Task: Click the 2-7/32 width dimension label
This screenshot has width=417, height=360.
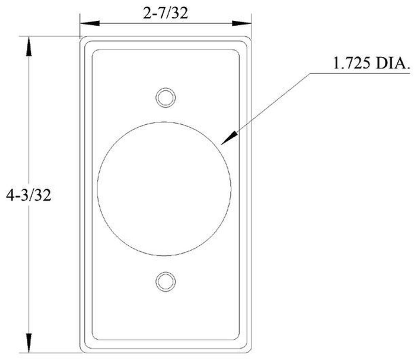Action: pyautogui.click(x=166, y=13)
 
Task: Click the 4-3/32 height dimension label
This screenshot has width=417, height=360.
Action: pyautogui.click(x=29, y=195)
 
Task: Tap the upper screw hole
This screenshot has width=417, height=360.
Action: pyautogui.click(x=166, y=98)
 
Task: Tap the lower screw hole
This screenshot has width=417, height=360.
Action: pyautogui.click(x=166, y=281)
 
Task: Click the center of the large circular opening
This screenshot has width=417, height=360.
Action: pyautogui.click(x=164, y=189)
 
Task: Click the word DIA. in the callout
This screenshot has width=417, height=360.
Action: pyautogui.click(x=392, y=64)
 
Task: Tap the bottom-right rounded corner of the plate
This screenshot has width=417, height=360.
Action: pyautogui.click(x=249, y=350)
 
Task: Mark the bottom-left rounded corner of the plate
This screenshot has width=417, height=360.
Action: pyautogui.click(x=82, y=350)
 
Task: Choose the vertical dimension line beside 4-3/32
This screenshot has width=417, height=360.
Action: pyautogui.click(x=29, y=125)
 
